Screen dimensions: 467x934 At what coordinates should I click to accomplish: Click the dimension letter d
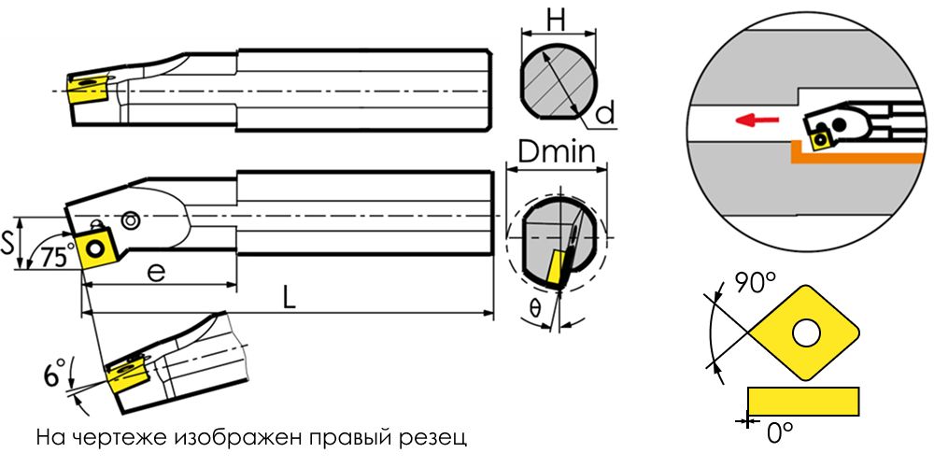click(605, 114)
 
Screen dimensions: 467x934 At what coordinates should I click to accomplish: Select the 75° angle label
click(57, 258)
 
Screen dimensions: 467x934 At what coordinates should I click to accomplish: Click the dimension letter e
click(156, 272)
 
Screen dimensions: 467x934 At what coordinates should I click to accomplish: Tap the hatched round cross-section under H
click(558, 80)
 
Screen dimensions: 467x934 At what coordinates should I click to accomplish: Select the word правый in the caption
click(337, 436)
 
